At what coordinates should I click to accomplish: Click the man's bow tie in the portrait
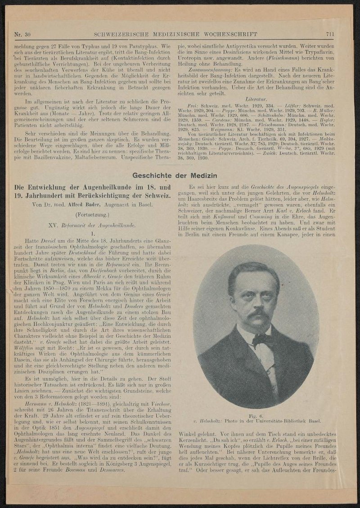coord(261,338)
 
